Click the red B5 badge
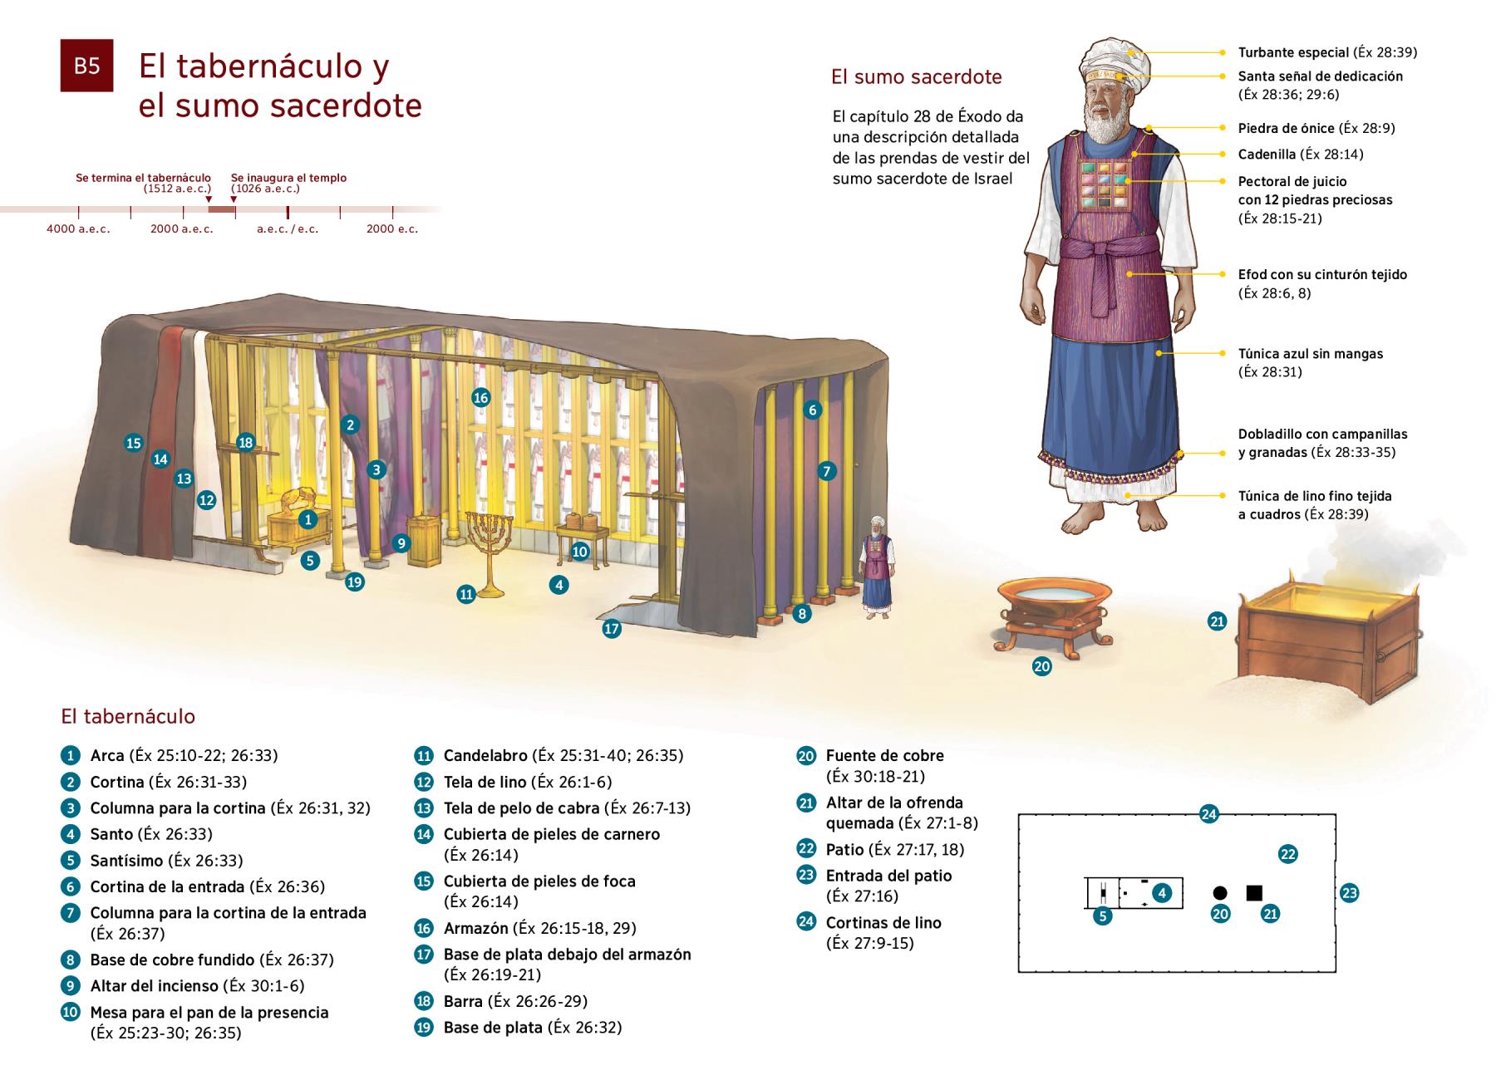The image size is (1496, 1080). pos(86,66)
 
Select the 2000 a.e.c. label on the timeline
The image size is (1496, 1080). pos(182,229)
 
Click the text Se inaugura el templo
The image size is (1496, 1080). pos(288,178)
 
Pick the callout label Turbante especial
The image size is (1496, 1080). pos(1293,52)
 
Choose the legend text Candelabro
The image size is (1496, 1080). pos(485,756)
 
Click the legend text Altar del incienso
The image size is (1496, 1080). pos(154,986)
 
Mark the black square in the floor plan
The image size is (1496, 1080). pos(1254,893)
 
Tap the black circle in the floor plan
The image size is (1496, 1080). pos(1220,893)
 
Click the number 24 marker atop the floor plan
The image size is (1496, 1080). pos(1208,814)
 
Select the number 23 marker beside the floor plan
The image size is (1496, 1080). pos(1349,894)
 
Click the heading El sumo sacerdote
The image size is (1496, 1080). pos(916,77)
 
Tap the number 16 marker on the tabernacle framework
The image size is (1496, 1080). pos(480,397)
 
